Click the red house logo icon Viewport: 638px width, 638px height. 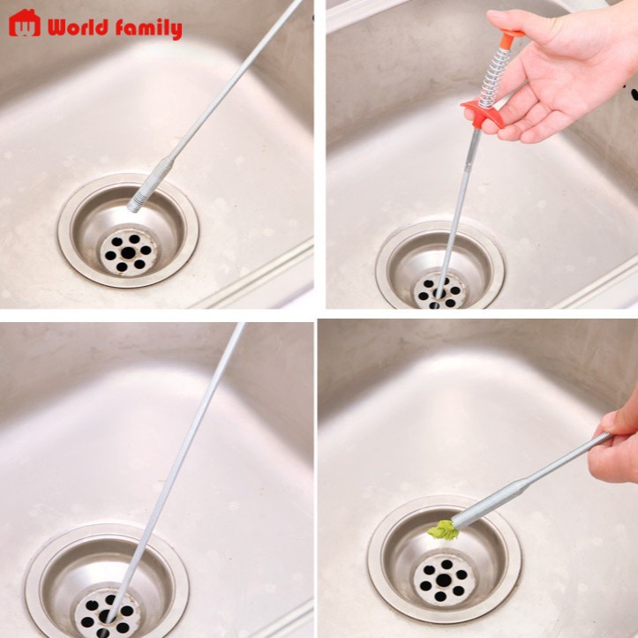click(x=25, y=23)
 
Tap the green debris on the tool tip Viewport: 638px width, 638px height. click(x=442, y=529)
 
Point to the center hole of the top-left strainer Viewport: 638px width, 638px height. click(x=129, y=252)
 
